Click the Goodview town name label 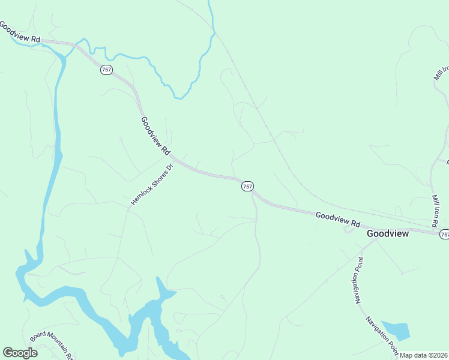pyautogui.click(x=388, y=233)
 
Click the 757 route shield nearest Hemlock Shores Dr pyautogui.click(x=247, y=187)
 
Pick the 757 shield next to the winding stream pyautogui.click(x=106, y=70)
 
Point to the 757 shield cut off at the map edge pyautogui.click(x=444, y=234)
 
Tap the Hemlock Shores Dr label pyautogui.click(x=152, y=185)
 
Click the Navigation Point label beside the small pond pyautogui.click(x=382, y=334)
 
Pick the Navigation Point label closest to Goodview pyautogui.click(x=358, y=280)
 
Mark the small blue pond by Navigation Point pyautogui.click(x=396, y=330)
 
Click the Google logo pyautogui.click(x=20, y=352)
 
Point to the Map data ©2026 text pyautogui.click(x=423, y=355)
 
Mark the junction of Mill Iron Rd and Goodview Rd pyautogui.click(x=434, y=229)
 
